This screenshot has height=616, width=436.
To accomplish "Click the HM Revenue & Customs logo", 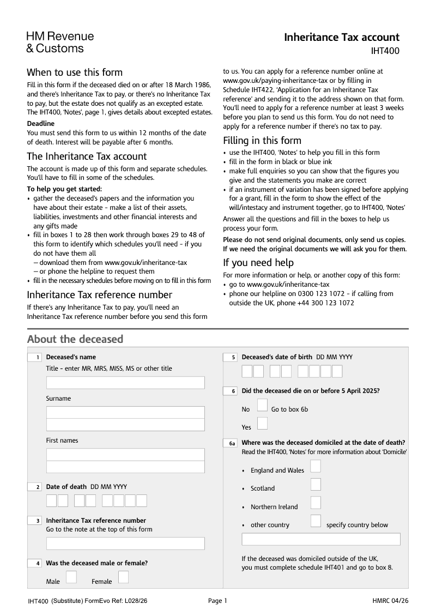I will [60, 43].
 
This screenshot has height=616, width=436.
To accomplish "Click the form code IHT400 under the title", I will [385, 52].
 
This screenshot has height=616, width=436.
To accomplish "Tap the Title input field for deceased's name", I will [125, 382].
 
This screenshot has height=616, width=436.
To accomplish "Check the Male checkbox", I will [71, 577].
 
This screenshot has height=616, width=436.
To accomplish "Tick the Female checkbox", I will [124, 577].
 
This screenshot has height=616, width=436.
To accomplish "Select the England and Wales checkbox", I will [316, 466].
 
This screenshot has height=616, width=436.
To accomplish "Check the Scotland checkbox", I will [316, 485].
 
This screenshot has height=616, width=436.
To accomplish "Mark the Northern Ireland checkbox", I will [316, 503].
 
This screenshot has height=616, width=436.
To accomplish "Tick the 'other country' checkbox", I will [316, 521].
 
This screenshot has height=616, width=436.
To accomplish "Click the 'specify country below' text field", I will [320, 539].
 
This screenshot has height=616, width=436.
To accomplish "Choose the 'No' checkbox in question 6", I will [262, 405].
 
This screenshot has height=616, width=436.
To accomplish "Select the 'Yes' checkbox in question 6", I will [262, 423].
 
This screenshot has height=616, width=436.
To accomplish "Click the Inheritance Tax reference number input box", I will [125, 543].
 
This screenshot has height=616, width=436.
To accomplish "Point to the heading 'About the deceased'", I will [75, 339].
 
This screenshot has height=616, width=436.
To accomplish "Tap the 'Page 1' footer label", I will [217, 601].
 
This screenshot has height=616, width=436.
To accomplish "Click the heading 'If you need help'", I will [258, 263].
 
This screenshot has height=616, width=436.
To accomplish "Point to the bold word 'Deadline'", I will [41, 124].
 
